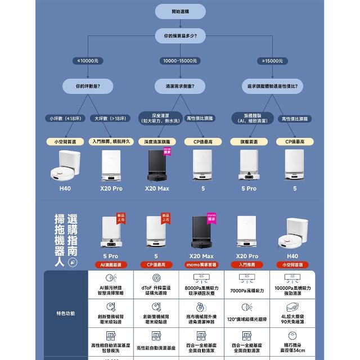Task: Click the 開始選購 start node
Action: tap(180, 11)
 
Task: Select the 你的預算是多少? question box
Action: tap(180, 36)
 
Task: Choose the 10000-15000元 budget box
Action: tap(180, 61)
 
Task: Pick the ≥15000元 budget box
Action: tap(272, 61)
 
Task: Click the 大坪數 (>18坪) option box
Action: tap(110, 118)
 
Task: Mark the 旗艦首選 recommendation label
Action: tap(249, 142)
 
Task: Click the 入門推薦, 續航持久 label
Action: tap(111, 142)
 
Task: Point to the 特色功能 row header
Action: tap(65, 313)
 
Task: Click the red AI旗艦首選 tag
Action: tap(111, 264)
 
